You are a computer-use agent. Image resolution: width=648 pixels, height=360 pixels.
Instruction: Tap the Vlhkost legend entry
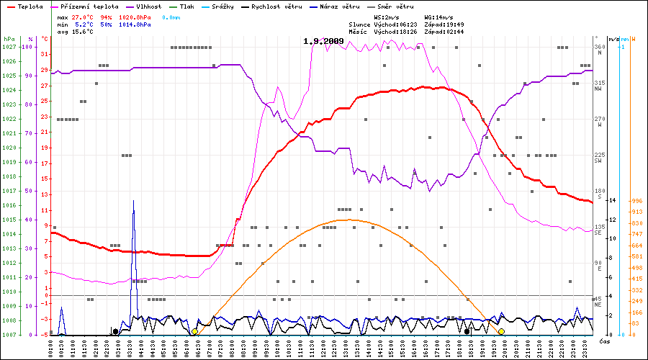click(148, 6)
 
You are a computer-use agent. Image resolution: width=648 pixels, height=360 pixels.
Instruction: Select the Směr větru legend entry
click(396, 6)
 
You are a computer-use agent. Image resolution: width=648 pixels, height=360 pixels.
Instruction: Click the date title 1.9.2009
click(323, 41)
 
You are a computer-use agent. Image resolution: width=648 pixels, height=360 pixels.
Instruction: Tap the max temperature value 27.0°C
click(84, 16)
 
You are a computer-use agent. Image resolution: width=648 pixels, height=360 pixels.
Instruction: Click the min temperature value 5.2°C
click(84, 24)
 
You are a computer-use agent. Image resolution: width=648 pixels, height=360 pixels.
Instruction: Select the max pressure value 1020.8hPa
click(135, 16)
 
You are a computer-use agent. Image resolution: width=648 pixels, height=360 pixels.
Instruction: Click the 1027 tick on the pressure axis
click(9, 47)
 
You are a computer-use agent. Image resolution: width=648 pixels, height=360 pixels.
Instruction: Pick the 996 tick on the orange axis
click(636, 201)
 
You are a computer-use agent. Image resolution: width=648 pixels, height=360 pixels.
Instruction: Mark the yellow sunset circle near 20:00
click(501, 331)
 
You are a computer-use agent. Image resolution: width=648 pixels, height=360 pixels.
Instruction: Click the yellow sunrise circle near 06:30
click(194, 331)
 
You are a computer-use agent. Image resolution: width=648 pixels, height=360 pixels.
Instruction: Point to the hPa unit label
click(9, 38)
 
